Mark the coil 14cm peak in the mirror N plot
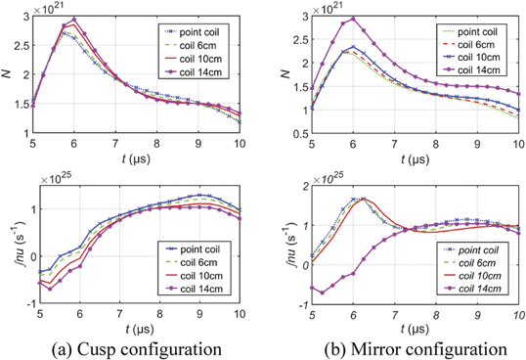353,19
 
